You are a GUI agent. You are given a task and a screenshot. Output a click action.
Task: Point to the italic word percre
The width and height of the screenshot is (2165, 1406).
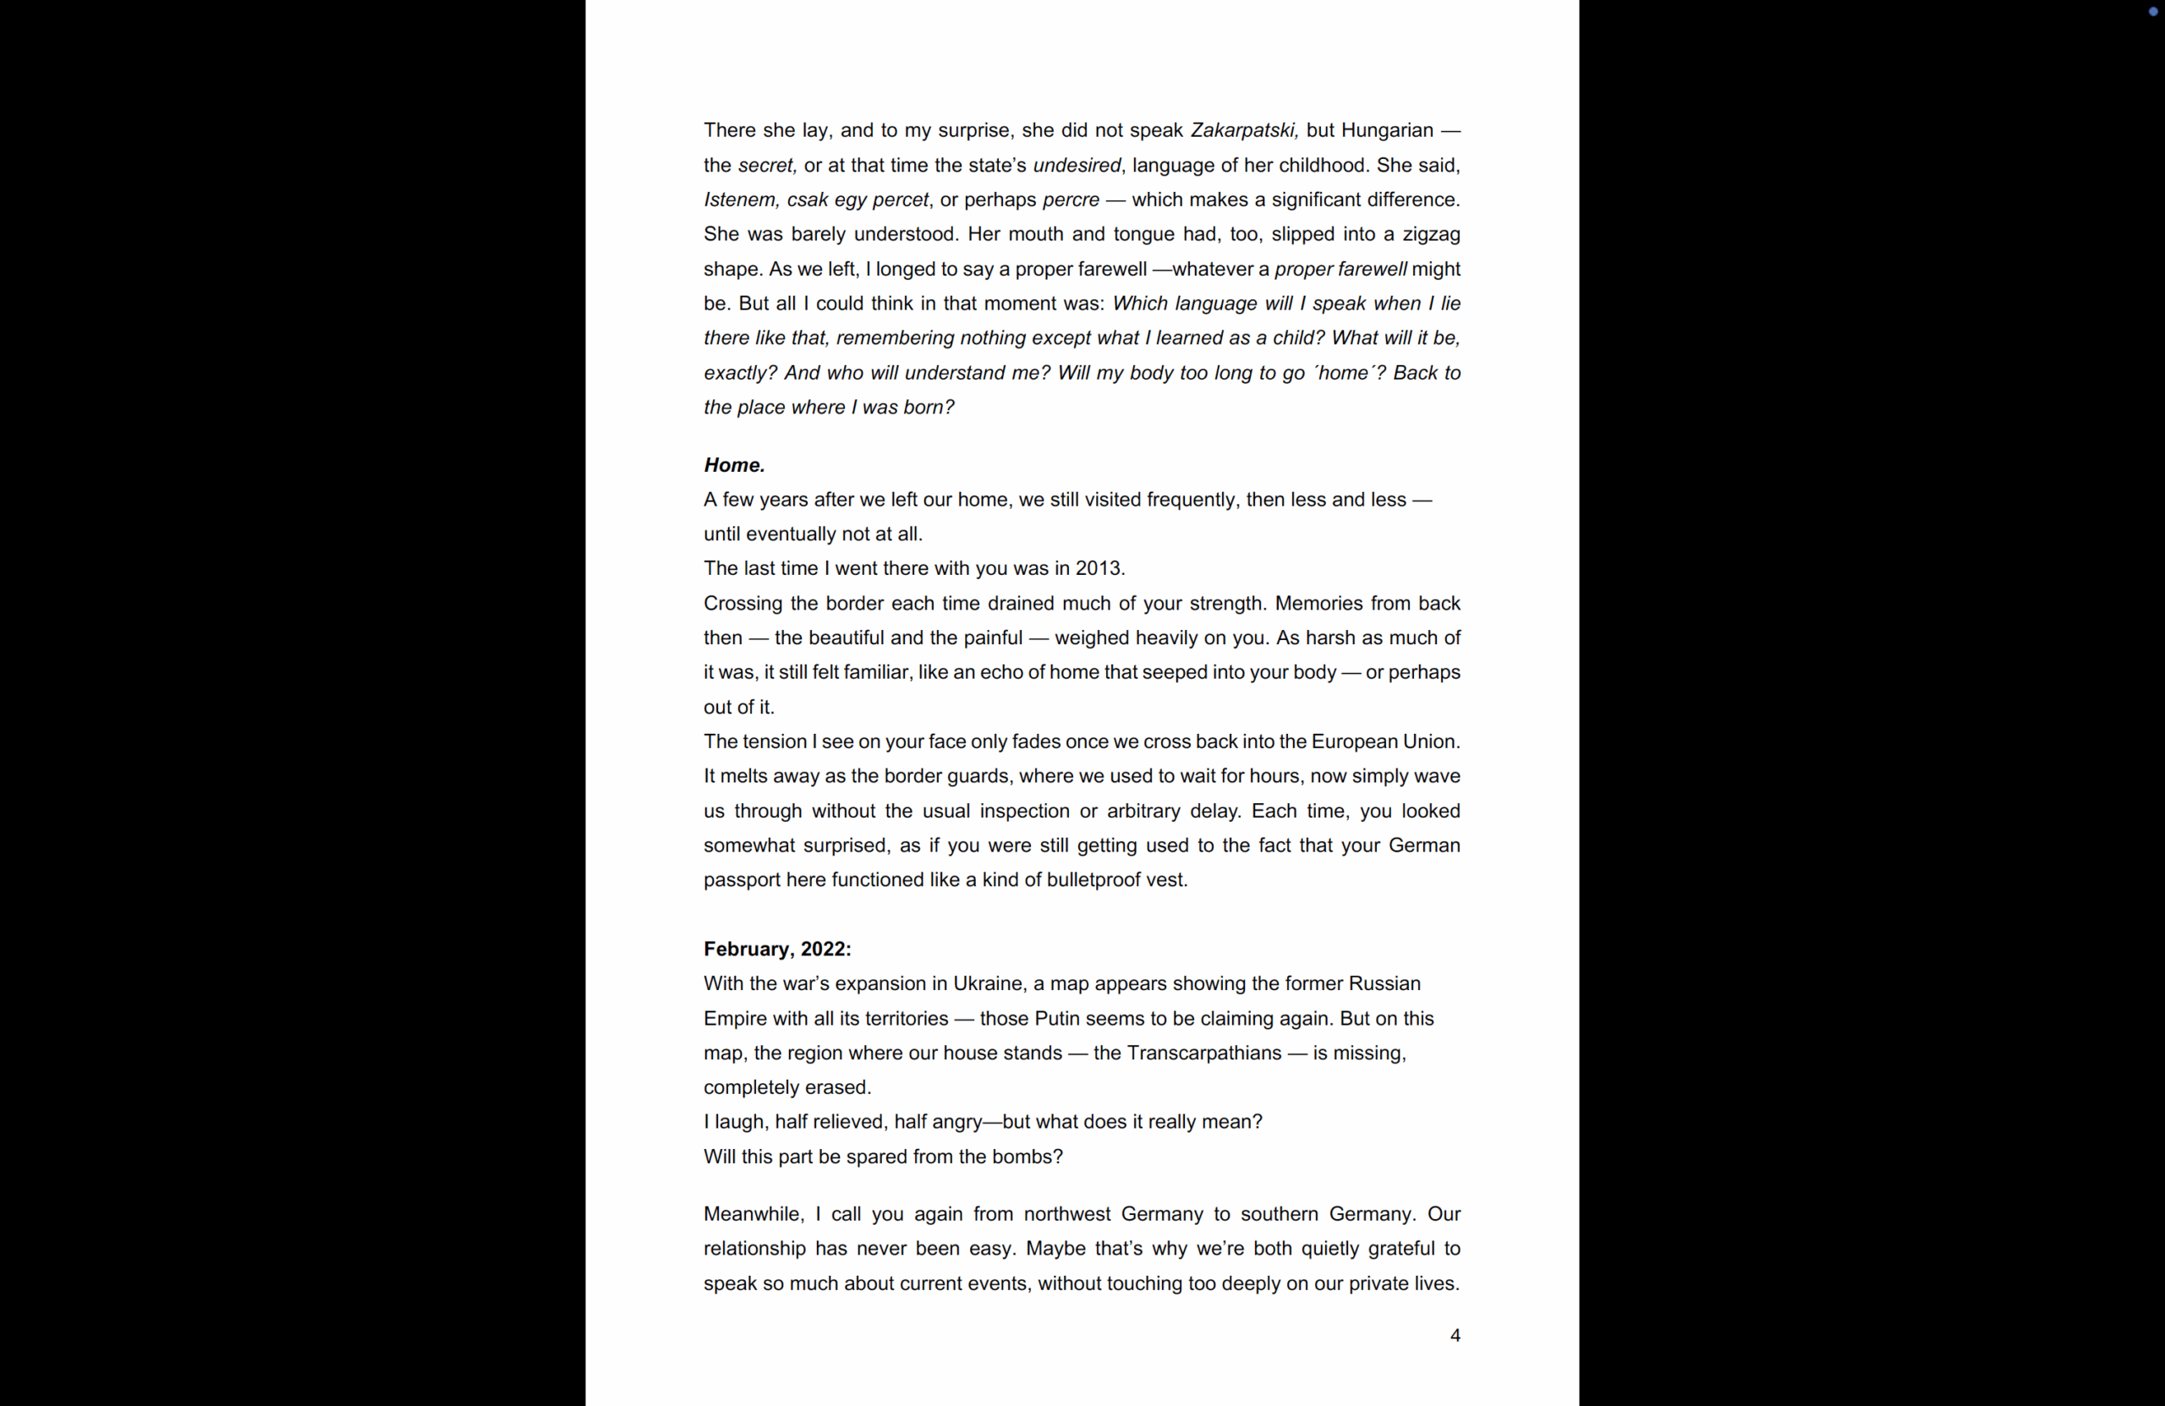[1071, 200]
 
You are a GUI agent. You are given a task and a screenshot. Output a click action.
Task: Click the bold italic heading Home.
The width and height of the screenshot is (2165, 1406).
[734, 466]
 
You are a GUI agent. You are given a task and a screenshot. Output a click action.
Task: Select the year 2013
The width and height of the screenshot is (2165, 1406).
[1099, 568]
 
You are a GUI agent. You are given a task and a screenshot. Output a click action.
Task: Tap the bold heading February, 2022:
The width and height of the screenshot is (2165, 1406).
[777, 949]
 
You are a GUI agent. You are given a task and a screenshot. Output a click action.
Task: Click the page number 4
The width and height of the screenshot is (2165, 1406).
[1455, 1335]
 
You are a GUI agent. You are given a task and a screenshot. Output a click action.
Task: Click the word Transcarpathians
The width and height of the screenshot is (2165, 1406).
[1203, 1053]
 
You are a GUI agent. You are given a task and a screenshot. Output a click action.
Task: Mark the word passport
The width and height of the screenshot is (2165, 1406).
[742, 880]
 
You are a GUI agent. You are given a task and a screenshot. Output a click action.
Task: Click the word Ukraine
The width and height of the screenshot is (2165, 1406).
[987, 984]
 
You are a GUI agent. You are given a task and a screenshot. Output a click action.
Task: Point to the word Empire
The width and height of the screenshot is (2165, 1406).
[734, 1019]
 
